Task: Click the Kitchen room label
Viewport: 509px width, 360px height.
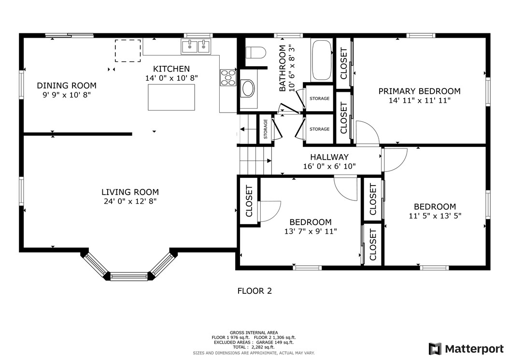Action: [x=171, y=69]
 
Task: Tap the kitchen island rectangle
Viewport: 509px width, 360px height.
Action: [x=171, y=97]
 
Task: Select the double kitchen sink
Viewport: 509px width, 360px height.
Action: [x=197, y=47]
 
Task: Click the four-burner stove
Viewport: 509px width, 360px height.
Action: [x=228, y=78]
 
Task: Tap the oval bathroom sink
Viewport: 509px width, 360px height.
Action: [x=248, y=88]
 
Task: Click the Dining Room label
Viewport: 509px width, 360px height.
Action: [x=67, y=86]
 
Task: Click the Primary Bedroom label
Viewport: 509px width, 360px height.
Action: [x=419, y=91]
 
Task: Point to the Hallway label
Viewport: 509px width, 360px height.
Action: [x=329, y=157]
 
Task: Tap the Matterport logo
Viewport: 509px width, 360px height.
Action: [x=466, y=348]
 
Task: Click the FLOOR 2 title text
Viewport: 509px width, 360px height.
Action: [x=254, y=291]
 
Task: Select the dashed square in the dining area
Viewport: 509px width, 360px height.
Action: [x=127, y=51]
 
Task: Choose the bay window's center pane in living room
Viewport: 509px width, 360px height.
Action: [x=128, y=276]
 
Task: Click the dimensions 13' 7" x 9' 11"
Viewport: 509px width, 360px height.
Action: [x=311, y=231]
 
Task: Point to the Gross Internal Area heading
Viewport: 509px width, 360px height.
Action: [x=254, y=332]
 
